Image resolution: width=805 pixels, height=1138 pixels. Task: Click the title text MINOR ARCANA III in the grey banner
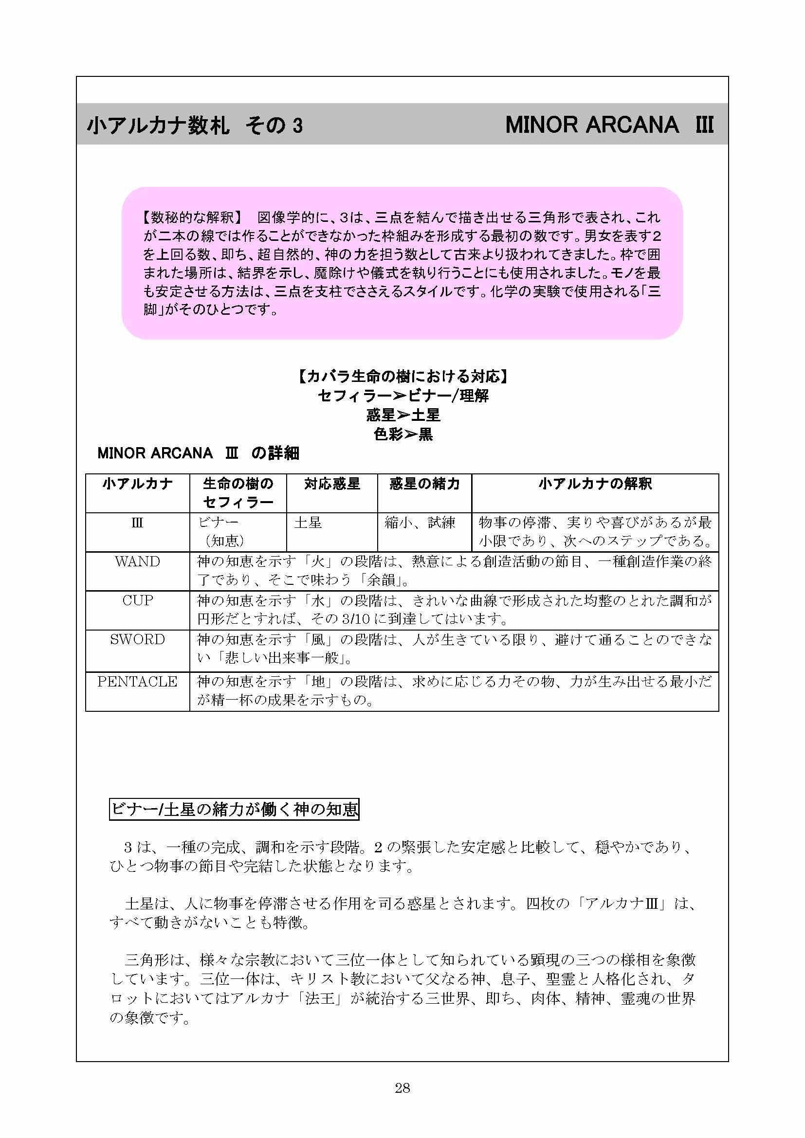click(x=609, y=125)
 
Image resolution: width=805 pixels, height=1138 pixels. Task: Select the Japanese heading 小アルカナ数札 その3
click(x=195, y=126)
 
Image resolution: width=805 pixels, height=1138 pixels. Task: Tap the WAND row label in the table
click(x=137, y=561)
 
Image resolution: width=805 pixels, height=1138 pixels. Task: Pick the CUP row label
click(x=137, y=600)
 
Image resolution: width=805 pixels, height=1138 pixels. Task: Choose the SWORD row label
click(x=137, y=639)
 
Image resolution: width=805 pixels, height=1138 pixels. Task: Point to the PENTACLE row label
click(x=137, y=682)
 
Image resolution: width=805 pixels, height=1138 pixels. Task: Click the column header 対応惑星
click(x=331, y=484)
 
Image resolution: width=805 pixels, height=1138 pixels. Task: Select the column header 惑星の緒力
click(x=424, y=484)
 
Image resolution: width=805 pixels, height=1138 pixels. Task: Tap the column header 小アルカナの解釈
click(x=595, y=484)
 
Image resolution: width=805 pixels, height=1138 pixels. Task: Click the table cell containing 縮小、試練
click(x=420, y=523)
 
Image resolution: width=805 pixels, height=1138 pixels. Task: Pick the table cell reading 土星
click(x=308, y=523)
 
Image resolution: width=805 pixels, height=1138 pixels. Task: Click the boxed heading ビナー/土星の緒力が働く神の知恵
click(x=234, y=810)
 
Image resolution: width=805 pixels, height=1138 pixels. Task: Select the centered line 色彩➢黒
click(x=403, y=434)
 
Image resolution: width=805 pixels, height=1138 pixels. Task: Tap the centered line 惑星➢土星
click(x=403, y=415)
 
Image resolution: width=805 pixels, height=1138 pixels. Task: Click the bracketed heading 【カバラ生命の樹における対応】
click(x=403, y=377)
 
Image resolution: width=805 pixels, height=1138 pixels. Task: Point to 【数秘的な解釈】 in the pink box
click(x=192, y=217)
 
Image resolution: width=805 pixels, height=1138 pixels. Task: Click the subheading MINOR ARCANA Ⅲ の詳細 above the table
click(x=198, y=453)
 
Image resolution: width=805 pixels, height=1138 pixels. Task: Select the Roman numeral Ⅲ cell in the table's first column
click(x=137, y=523)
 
